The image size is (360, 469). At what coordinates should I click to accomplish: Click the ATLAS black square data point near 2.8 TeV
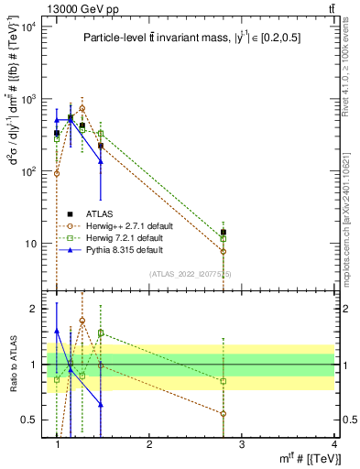224,233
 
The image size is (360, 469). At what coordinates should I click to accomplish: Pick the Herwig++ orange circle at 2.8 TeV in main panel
224,251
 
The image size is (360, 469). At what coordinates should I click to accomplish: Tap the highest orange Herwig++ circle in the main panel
82,108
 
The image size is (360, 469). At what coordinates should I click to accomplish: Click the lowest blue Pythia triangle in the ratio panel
101,404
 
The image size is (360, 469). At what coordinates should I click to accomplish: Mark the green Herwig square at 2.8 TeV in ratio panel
224,381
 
